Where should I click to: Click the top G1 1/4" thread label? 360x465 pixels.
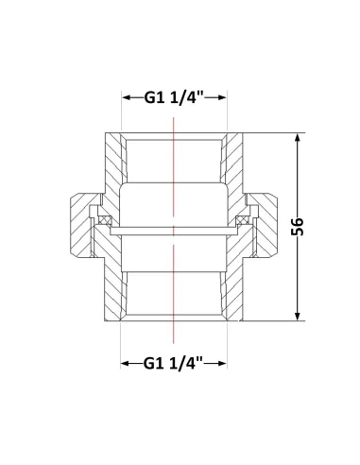[174, 97]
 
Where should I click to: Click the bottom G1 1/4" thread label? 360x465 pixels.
[174, 364]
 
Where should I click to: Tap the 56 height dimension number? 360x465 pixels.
[298, 226]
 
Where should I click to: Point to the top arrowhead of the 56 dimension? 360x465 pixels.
[298, 138]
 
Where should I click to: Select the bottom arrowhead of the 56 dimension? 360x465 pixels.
[298, 317]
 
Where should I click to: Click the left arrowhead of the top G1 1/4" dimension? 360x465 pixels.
[127, 97]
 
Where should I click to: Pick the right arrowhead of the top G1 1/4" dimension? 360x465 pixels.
[222, 97]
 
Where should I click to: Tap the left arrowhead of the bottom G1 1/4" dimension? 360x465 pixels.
[126, 364]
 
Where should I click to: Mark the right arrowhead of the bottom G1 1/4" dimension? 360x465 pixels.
[222, 364]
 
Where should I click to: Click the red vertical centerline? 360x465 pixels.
[174, 231]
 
